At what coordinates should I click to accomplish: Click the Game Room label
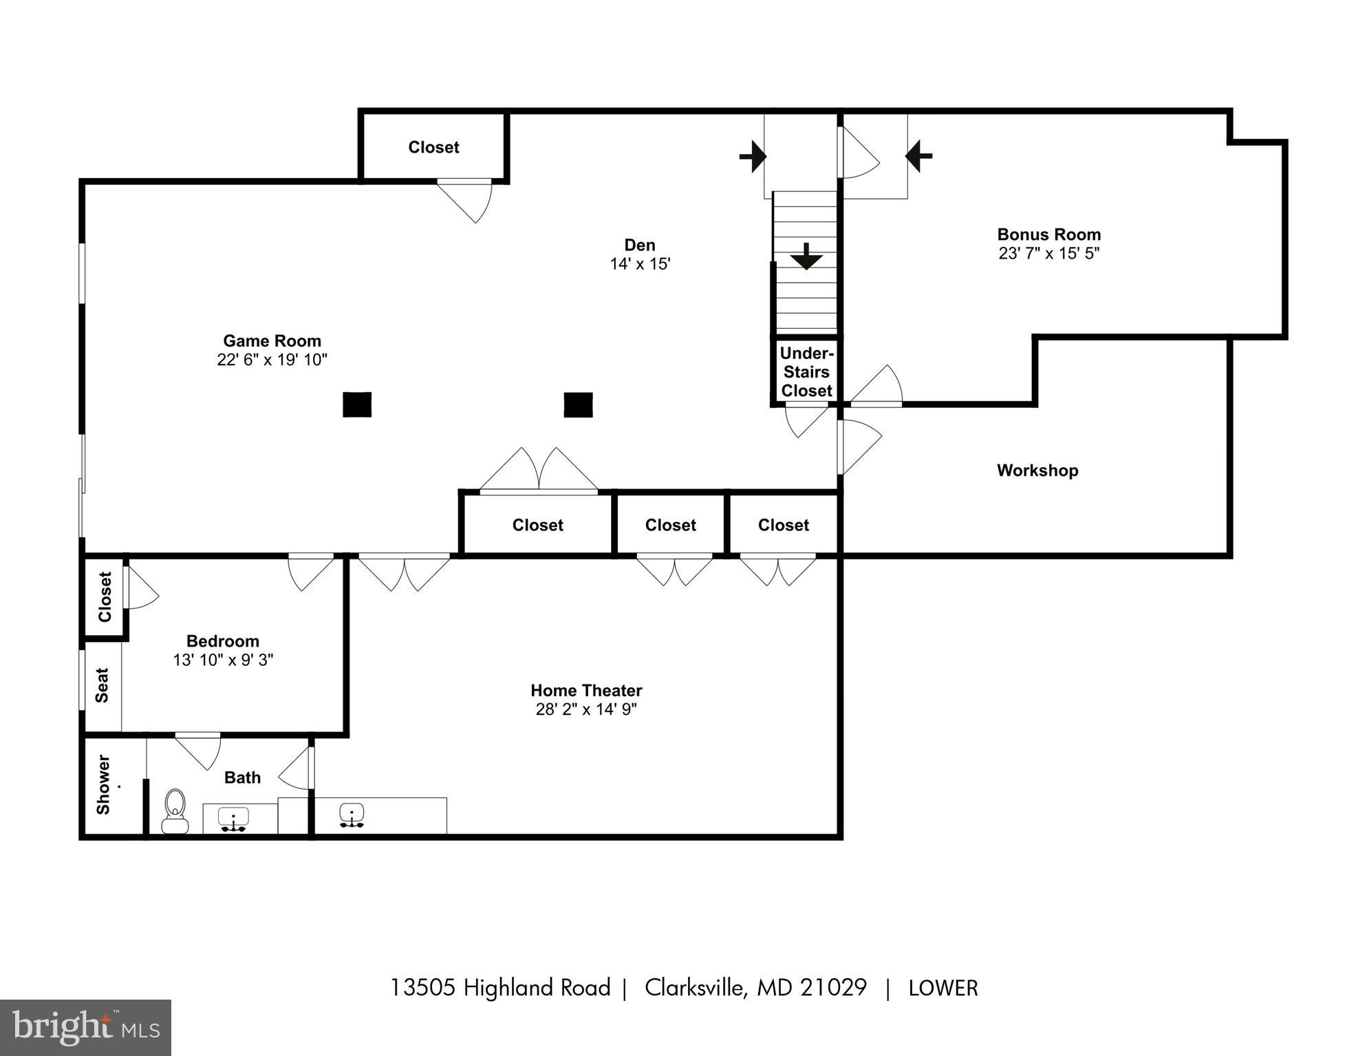(x=272, y=341)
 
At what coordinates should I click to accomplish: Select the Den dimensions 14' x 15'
(x=639, y=264)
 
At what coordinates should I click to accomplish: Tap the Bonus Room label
(x=1048, y=235)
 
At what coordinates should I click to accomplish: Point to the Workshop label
(x=1037, y=471)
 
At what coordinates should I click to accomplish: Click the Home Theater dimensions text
(x=586, y=709)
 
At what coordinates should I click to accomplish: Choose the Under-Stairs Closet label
(x=806, y=372)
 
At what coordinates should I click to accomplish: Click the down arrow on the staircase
(x=806, y=257)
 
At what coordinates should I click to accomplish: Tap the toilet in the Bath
(x=175, y=811)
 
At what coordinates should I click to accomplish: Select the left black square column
(x=357, y=405)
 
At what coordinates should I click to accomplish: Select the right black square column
(x=578, y=405)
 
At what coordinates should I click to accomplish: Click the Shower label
(x=103, y=785)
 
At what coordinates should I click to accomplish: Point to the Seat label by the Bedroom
(x=102, y=685)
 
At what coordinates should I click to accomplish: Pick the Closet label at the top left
(x=433, y=147)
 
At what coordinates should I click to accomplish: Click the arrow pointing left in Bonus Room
(x=918, y=155)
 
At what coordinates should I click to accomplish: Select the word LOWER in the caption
(x=943, y=989)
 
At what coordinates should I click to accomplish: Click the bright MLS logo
(x=85, y=1028)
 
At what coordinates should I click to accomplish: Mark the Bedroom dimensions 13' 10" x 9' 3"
(x=223, y=660)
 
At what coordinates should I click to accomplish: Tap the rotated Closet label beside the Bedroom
(x=105, y=596)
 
